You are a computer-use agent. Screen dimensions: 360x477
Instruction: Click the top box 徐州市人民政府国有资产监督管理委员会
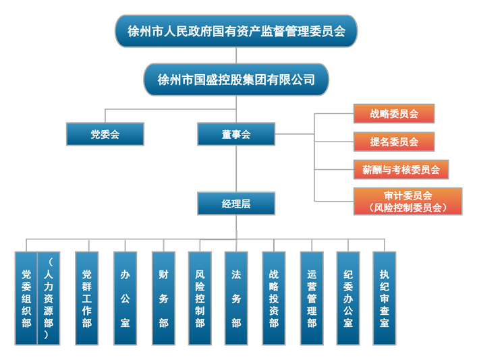[x=235, y=31]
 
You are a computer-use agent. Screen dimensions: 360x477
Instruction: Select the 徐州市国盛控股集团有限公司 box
[x=235, y=80]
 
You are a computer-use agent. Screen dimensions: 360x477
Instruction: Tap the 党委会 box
[x=105, y=134]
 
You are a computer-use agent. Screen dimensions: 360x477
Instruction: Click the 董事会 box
[x=235, y=134]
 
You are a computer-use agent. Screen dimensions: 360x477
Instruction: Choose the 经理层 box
[x=235, y=203]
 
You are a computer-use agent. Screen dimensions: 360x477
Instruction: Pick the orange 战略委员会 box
[x=393, y=114]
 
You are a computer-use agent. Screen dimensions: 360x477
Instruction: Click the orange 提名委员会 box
[x=393, y=142]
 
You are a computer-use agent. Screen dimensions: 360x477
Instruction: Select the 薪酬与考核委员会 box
[x=401, y=169]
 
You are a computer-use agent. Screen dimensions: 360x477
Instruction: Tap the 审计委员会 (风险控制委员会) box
[x=408, y=202]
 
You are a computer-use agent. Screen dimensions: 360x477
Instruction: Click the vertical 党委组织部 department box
[x=26, y=299]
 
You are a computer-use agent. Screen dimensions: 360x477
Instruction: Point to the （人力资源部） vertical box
[x=49, y=299]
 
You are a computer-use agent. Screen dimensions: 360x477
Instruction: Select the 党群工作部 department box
[x=86, y=299]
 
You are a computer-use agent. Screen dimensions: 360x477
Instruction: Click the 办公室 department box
[x=125, y=299]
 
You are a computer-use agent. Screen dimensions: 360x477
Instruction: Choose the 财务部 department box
[x=163, y=299]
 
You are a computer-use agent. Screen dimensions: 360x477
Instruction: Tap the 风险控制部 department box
[x=200, y=299]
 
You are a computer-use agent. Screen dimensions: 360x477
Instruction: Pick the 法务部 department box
[x=236, y=299]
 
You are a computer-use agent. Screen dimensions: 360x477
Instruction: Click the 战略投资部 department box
[x=273, y=299]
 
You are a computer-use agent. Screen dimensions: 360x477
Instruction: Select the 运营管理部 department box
[x=311, y=299]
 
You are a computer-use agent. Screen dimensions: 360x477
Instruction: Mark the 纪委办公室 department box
[x=347, y=299]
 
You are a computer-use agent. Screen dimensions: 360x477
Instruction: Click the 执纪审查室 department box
[x=384, y=299]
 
